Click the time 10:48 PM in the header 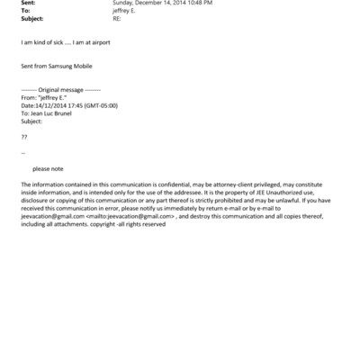click(x=200, y=3)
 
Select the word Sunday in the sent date click(x=123, y=3)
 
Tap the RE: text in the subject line click(x=116, y=18)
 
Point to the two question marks click(x=23, y=135)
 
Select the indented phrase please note click(x=48, y=168)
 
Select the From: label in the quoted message click(x=28, y=99)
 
